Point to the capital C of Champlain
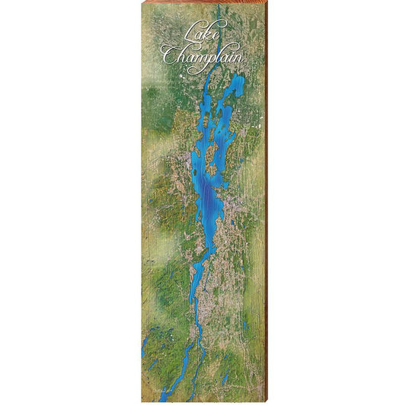click(x=168, y=55)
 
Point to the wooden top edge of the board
click(x=204, y=2)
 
